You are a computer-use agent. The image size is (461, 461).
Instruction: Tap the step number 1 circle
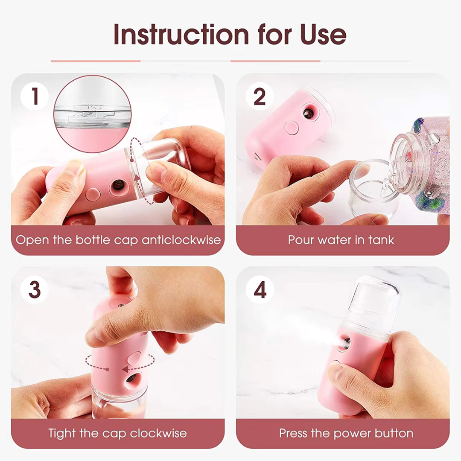pos(35,97)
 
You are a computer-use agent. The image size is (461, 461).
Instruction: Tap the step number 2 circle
pos(260,97)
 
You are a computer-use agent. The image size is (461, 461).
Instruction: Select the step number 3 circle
pos(35,290)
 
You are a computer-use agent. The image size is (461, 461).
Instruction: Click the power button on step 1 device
pos(93,195)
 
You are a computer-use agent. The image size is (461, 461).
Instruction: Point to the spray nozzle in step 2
pos(307,113)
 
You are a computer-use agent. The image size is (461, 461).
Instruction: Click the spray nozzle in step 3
pos(135,378)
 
